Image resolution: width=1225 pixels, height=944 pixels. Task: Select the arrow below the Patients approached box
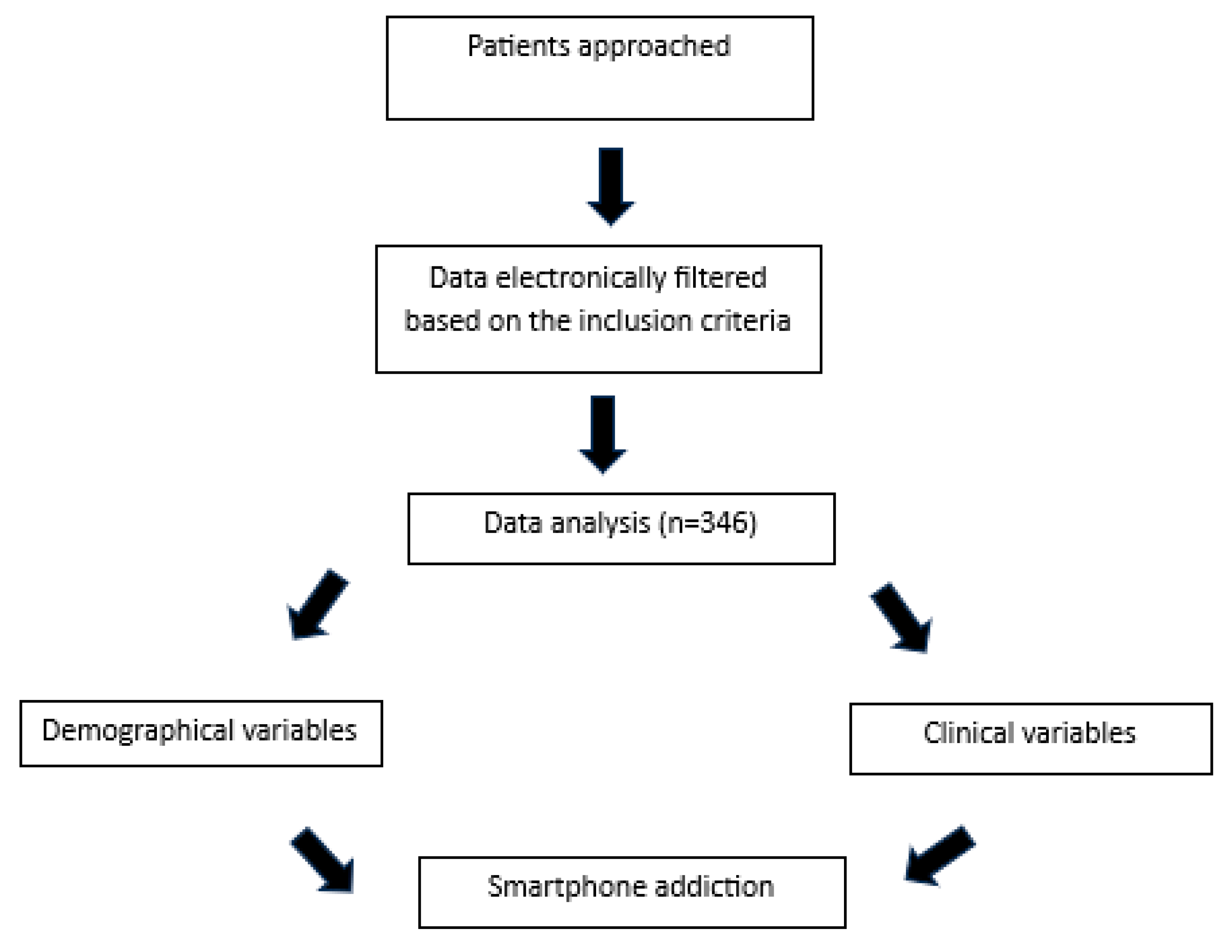pos(610,185)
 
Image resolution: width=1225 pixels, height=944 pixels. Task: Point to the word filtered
pos(720,278)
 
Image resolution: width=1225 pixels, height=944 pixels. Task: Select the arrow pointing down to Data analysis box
pos(603,433)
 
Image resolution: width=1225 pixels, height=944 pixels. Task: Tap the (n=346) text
pos(707,523)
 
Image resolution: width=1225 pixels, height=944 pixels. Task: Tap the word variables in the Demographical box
pos(299,731)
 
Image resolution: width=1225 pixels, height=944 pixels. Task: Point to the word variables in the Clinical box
pos(1078,733)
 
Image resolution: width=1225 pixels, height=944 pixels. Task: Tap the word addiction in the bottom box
pos(714,887)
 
